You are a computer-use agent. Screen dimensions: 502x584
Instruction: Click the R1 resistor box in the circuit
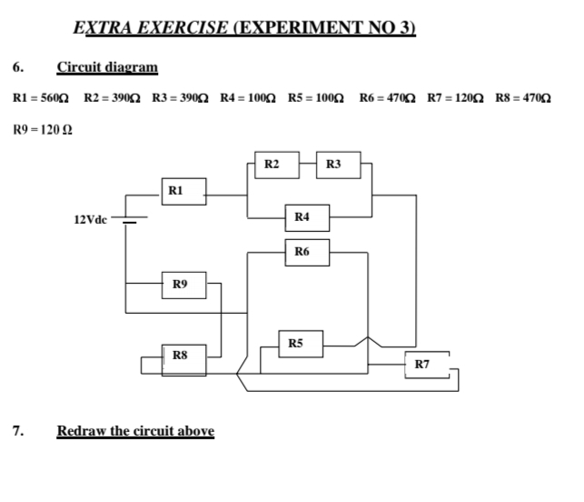pos(177,191)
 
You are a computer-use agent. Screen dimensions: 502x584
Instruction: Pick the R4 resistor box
pos(303,216)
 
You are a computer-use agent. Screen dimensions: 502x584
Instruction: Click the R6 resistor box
pos(303,251)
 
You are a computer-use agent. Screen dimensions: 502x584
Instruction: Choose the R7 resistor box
pos(423,366)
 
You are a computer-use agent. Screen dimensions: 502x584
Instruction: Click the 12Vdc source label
pos(91,219)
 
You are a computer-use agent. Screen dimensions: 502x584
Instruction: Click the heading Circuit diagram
pos(107,67)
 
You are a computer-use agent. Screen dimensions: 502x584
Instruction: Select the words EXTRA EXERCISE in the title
pos(151,27)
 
